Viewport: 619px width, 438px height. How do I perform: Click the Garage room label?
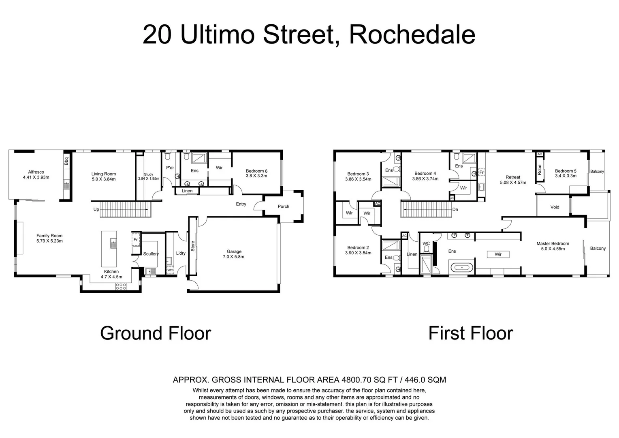pos(234,251)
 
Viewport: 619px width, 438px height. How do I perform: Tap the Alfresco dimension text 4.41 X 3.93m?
pos(36,177)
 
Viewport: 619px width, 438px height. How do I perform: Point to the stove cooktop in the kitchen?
pos(121,286)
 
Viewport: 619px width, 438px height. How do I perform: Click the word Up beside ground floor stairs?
pos(96,209)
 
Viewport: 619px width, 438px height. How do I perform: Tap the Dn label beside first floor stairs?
pos(455,209)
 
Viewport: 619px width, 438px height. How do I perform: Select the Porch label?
pos(283,206)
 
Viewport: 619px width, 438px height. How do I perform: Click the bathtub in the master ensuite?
pos(461,268)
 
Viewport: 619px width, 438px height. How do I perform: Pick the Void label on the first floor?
pos(555,207)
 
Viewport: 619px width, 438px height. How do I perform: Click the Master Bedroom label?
pos(553,244)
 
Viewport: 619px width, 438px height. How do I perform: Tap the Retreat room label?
pos(513,177)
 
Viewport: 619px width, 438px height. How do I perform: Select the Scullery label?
pos(151,254)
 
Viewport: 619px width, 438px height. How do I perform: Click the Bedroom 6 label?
pos(256,171)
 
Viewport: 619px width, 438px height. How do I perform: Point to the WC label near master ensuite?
pos(426,244)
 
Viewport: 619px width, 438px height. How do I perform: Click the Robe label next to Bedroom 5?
pos(540,170)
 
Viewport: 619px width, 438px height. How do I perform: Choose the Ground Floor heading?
pos(156,333)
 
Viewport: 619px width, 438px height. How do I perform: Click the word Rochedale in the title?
pos(412,34)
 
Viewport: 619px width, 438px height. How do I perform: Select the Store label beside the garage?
pos(193,246)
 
